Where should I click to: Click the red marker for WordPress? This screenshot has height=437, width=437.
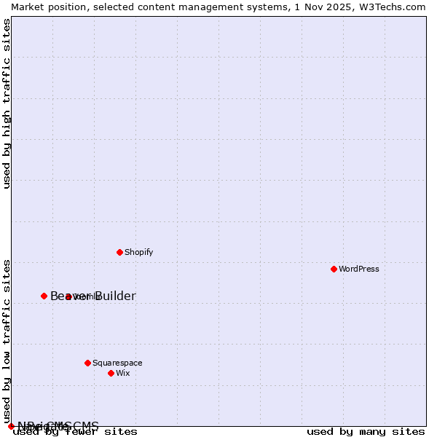[x=334, y=269]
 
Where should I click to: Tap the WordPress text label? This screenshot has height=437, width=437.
[x=359, y=269]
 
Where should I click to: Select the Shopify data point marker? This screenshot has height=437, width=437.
[x=119, y=252]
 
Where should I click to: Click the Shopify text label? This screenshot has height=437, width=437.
[x=138, y=252]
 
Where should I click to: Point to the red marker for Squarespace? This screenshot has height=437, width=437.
[x=87, y=363]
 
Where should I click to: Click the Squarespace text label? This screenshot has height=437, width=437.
[x=117, y=363]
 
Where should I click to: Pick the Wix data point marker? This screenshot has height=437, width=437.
[x=111, y=373]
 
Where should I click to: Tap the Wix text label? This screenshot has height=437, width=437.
[x=122, y=373]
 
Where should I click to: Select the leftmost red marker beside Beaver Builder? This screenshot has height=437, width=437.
[x=44, y=296]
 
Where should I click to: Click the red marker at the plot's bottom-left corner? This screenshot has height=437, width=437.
[x=11, y=426]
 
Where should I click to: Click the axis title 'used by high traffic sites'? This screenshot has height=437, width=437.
[x=7, y=103]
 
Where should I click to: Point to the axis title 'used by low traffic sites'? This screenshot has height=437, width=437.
[x=7, y=341]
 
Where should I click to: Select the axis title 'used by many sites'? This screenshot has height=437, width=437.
[x=366, y=432]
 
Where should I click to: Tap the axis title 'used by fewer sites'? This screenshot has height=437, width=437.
[x=75, y=432]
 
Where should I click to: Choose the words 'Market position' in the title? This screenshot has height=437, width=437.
[x=44, y=7]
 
